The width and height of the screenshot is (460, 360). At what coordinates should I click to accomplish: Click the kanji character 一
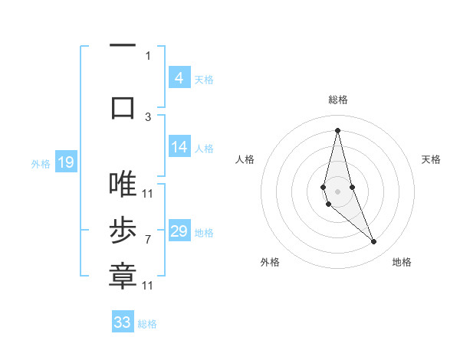(x=123, y=45)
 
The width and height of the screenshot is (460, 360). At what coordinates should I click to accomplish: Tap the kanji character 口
(x=123, y=106)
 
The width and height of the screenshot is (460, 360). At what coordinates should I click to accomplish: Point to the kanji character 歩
(x=123, y=231)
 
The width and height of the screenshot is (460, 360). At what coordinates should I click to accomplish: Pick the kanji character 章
(x=123, y=276)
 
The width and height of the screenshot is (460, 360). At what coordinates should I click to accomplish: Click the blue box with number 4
(x=179, y=78)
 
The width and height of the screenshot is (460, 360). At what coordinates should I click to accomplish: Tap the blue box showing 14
(x=179, y=147)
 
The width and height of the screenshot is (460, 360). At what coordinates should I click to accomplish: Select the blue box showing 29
(x=179, y=231)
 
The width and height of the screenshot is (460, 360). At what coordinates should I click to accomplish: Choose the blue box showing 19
(x=65, y=162)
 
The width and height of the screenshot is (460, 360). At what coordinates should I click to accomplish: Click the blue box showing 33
(x=123, y=322)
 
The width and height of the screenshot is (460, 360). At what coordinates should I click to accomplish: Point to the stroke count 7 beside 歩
(x=147, y=240)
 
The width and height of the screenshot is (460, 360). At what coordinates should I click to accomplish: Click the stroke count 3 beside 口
(x=148, y=116)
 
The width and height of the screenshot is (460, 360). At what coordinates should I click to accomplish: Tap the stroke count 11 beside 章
(x=147, y=286)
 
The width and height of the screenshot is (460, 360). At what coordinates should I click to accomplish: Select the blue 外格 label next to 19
(x=41, y=163)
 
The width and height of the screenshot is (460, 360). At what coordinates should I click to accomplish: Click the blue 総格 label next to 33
(x=147, y=324)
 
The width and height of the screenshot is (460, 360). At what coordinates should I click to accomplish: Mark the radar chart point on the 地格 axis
(x=374, y=242)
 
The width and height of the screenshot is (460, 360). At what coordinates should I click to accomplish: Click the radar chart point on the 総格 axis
(x=337, y=130)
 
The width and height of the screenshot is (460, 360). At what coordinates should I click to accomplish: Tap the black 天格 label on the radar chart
(x=431, y=159)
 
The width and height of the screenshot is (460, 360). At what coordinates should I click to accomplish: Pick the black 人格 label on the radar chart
(x=245, y=159)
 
